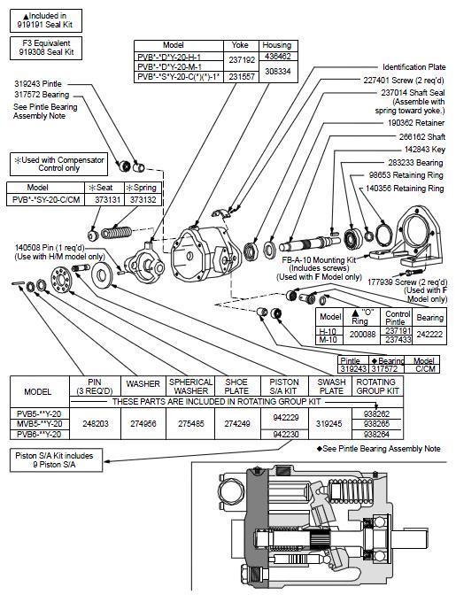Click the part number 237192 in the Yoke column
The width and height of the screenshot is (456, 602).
[x=242, y=60]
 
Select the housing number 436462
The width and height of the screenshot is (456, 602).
[x=278, y=56]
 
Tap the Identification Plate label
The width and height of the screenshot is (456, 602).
[x=414, y=66]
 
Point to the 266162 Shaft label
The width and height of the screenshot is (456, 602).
[x=421, y=136]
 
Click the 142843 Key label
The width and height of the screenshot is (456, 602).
[x=424, y=150]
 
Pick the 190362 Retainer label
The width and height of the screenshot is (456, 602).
[x=415, y=123]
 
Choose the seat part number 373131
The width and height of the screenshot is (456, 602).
[x=107, y=200]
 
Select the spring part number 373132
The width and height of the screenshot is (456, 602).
[x=143, y=200]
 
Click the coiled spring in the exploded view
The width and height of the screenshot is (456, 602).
[x=116, y=232]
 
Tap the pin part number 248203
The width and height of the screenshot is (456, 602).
[x=96, y=423]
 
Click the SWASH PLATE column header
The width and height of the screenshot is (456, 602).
[x=331, y=386]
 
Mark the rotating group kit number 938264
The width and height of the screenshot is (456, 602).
[x=376, y=434]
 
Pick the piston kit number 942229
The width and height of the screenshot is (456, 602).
[x=286, y=417]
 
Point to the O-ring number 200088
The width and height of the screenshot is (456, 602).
[x=363, y=334]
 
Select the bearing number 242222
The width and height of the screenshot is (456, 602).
[x=430, y=334]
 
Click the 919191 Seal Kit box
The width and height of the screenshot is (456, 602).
[x=46, y=20]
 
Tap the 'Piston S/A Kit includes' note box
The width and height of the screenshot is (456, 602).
[x=57, y=460]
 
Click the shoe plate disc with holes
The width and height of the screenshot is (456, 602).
[x=61, y=279]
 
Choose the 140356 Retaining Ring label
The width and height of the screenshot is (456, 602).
[x=405, y=188]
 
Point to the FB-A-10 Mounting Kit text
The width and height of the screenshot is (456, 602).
[x=319, y=259]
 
